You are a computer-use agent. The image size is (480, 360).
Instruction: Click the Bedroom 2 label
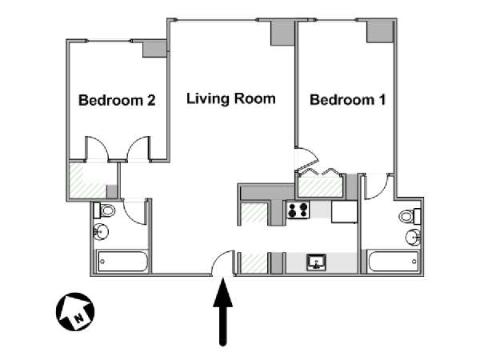116,102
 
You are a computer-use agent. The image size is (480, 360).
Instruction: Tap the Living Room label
230,99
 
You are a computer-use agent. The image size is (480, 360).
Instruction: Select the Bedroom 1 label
348,101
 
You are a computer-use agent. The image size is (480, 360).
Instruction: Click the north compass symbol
74,310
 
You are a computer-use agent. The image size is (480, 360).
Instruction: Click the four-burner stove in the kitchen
298,211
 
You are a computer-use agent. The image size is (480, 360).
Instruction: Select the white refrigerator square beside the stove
344,211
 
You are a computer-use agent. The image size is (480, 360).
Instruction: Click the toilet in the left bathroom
105,211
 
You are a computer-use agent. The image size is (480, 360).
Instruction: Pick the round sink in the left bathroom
102,233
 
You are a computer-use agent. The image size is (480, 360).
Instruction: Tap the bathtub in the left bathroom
122,262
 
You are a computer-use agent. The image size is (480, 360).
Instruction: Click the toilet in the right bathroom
409,216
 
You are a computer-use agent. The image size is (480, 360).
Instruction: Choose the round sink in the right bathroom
411,237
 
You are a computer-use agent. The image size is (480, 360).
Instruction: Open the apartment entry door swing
226,263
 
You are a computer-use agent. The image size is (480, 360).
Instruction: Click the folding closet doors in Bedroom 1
320,170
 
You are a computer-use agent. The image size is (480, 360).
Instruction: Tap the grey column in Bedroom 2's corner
153,48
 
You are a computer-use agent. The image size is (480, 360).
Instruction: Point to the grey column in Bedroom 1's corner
380,30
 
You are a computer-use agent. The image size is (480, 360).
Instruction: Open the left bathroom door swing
134,210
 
